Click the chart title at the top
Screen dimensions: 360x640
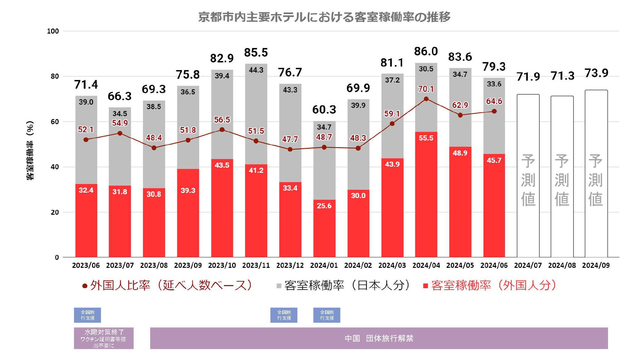click(324, 17)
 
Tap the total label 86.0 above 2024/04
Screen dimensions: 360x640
click(426, 51)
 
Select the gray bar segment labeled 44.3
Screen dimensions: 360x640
click(256, 112)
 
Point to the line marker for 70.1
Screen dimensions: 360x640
click(426, 99)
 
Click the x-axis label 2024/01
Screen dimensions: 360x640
click(324, 265)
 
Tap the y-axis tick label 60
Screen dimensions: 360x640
click(55, 122)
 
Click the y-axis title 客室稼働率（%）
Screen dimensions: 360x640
click(30, 150)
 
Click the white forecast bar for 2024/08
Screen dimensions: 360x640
click(562, 176)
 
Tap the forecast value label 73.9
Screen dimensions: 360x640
click(596, 73)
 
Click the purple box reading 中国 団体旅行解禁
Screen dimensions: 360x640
click(379, 338)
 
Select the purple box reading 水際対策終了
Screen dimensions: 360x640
click(104, 338)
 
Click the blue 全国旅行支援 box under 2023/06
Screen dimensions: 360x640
click(87, 315)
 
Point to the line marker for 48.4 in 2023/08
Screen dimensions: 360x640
click(154, 148)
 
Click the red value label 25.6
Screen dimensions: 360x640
click(324, 206)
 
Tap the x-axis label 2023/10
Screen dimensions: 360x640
click(222, 265)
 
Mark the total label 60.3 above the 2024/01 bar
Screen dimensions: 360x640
click(324, 109)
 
